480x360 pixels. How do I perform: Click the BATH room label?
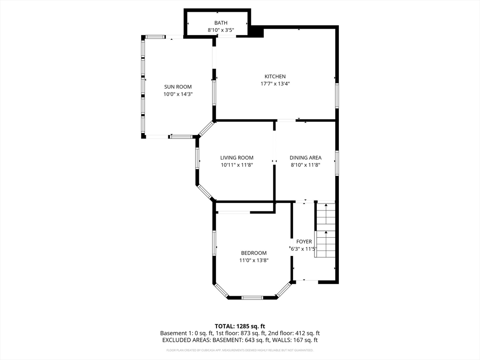221,22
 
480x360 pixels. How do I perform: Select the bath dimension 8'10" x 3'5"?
221,30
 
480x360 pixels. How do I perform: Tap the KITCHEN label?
275,76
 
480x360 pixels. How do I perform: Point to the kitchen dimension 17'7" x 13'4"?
275,84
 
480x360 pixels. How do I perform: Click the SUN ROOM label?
178,87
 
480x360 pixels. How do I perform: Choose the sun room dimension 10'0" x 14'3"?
178,94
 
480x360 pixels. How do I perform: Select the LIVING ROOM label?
237,157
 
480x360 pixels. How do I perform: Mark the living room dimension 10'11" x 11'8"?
237,165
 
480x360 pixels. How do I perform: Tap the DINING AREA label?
305,157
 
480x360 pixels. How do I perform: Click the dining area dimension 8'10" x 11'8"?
305,165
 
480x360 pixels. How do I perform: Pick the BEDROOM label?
254,253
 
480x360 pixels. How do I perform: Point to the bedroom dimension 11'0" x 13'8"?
254,260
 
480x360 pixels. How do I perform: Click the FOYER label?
304,241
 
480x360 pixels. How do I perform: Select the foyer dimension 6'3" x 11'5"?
304,249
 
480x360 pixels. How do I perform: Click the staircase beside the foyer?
325,230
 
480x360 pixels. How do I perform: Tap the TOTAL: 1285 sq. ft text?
240,326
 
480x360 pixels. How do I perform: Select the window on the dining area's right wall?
337,163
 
